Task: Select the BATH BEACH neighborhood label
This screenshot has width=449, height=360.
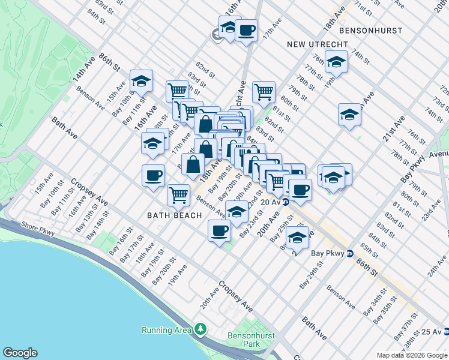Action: pyautogui.click(x=173, y=214)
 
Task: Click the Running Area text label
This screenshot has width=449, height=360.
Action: pyautogui.click(x=165, y=330)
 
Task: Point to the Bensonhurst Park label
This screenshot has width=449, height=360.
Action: pyautogui.click(x=244, y=340)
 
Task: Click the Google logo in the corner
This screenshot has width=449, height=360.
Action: pyautogui.click(x=20, y=353)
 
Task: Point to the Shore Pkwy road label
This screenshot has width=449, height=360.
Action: pyautogui.click(x=38, y=226)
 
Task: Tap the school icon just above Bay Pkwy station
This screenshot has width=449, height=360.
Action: pyautogui.click(x=297, y=237)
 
